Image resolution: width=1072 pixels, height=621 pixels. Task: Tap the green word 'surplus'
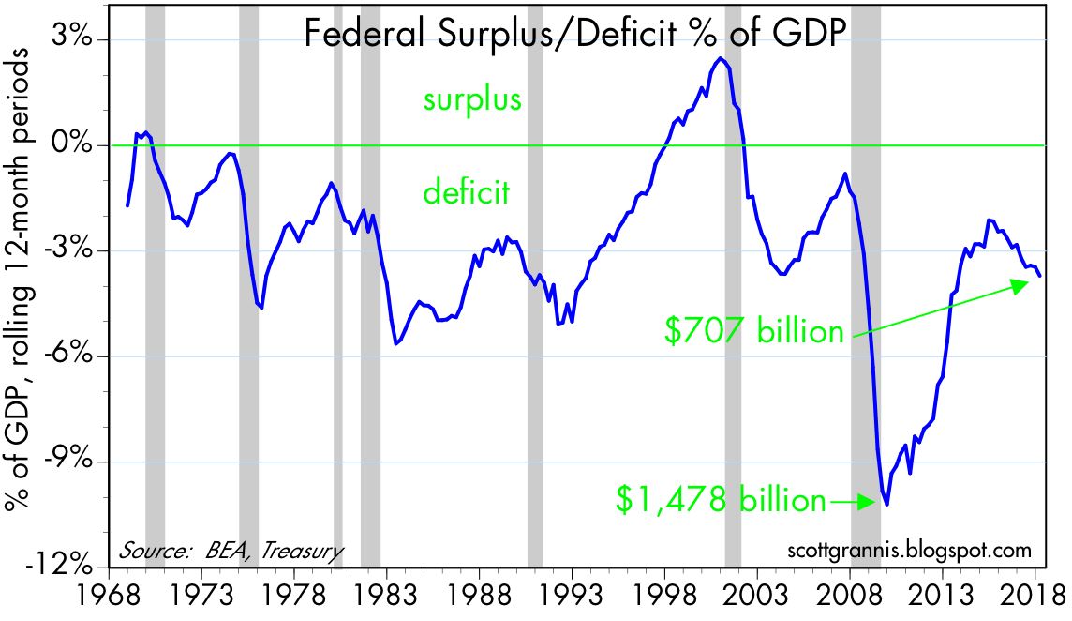click(470, 99)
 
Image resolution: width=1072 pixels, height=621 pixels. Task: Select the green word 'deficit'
click(466, 194)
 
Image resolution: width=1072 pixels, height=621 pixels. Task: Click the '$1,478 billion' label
click(721, 500)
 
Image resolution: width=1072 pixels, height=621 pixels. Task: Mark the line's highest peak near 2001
click(720, 58)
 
